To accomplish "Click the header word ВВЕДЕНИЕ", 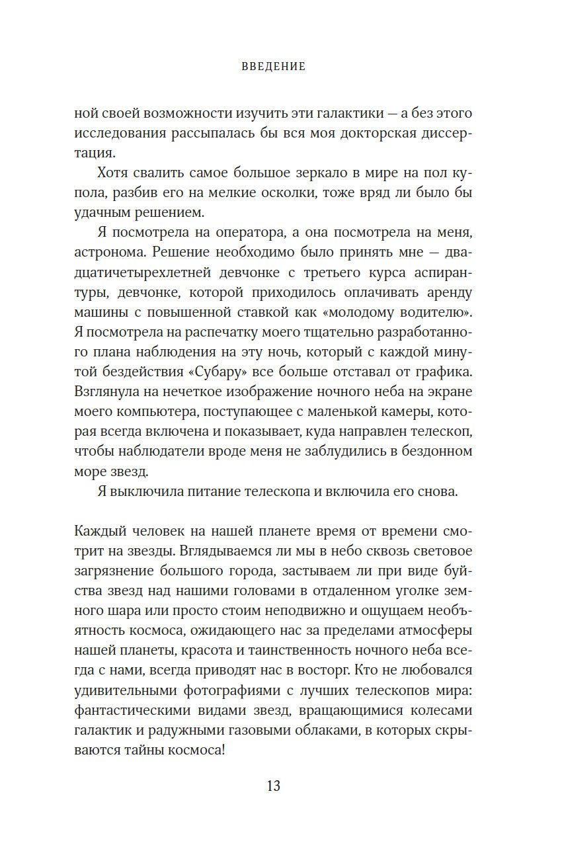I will click(x=273, y=66).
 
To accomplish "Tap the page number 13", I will click(x=274, y=786).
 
